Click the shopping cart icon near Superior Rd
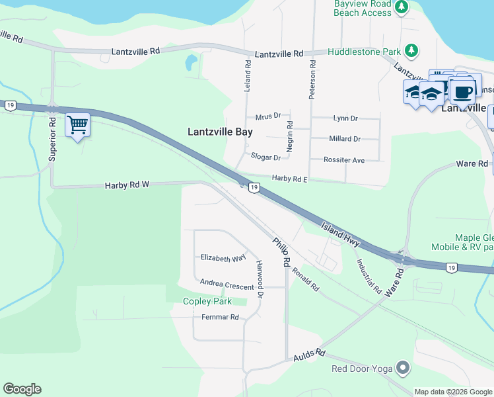[x=77, y=124]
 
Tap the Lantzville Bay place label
[x=220, y=132]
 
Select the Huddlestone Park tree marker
[x=411, y=50]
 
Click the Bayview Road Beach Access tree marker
[x=401, y=8]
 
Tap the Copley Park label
[x=207, y=301]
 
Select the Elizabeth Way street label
[x=223, y=258]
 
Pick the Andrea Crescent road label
[x=227, y=287]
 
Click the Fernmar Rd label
[x=220, y=318]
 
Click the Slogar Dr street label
[x=266, y=157]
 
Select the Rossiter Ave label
[x=344, y=160]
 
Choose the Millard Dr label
[x=345, y=139]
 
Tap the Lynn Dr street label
[x=345, y=118]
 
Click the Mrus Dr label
[x=268, y=116]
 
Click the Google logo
[x=22, y=389]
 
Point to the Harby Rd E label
[x=291, y=179]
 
